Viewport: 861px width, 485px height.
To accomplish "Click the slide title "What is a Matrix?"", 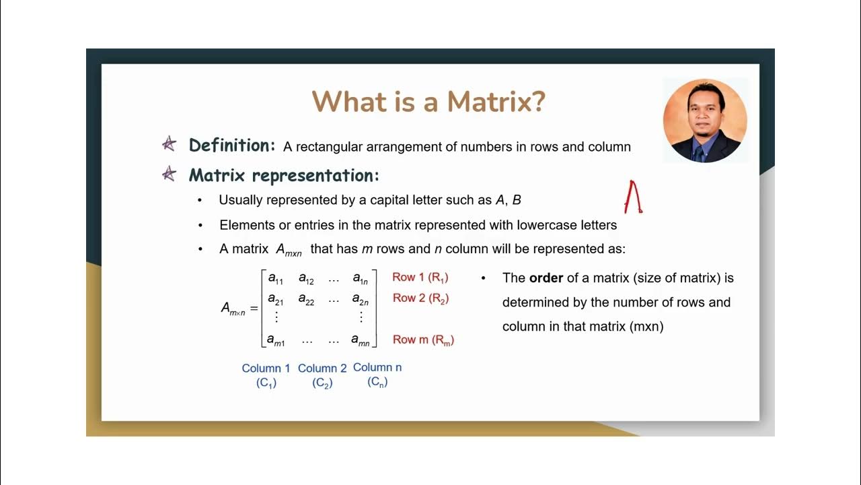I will (x=428, y=102).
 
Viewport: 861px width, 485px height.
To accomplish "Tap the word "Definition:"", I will (x=231, y=145).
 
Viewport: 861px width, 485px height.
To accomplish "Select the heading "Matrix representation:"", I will (x=284, y=176).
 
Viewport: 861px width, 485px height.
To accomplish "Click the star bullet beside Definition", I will (x=169, y=144).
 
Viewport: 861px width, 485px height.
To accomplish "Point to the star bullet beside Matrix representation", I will (x=169, y=174).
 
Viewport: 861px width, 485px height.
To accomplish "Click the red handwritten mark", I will (x=633, y=197).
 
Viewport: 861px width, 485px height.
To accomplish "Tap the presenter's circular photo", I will (x=705, y=121).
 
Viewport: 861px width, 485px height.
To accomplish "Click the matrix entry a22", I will (x=306, y=299).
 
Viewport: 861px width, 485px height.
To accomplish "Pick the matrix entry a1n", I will (x=361, y=278).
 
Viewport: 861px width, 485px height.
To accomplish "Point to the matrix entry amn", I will (x=361, y=341).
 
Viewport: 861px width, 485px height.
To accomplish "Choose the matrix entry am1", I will (x=276, y=341).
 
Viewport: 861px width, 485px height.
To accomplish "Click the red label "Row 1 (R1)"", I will (x=420, y=278).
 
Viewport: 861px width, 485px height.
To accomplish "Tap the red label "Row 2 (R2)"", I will (x=420, y=298).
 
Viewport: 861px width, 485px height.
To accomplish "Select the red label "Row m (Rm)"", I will (x=423, y=340).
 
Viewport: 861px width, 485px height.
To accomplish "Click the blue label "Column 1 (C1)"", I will (x=266, y=375).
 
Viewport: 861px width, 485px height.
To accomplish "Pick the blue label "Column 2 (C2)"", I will (x=322, y=375).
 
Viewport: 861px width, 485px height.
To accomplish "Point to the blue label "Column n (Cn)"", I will (x=377, y=375).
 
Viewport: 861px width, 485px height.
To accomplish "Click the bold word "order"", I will (x=546, y=278).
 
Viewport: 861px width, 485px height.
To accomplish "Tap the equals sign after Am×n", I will (x=254, y=308).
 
